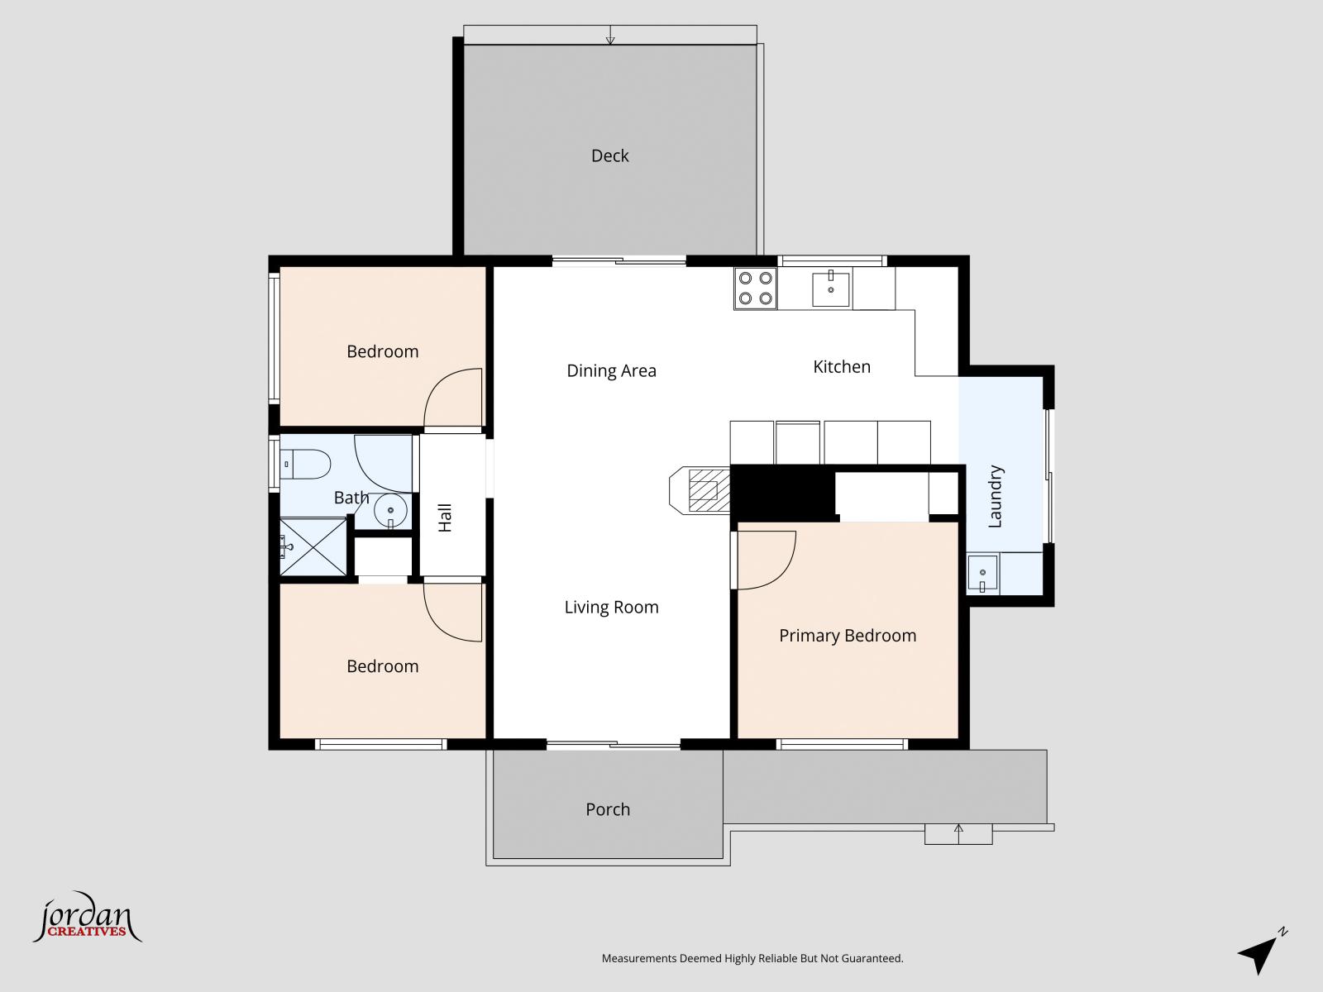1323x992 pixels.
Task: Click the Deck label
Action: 609,155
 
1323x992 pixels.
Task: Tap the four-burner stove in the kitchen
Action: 755,289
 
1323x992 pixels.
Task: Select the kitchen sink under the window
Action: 830,289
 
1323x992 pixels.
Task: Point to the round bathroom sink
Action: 390,511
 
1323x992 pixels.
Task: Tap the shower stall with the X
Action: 313,546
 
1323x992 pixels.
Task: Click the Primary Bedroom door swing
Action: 766,560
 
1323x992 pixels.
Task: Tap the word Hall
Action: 445,517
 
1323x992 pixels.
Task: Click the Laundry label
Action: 995,496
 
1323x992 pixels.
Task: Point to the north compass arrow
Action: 1261,952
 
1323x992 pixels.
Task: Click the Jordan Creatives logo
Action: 86,918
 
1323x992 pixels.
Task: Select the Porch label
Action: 608,809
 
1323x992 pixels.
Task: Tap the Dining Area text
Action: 611,370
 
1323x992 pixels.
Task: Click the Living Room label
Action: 611,607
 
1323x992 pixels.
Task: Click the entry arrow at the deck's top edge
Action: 610,36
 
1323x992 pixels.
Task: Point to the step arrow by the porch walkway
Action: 958,832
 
